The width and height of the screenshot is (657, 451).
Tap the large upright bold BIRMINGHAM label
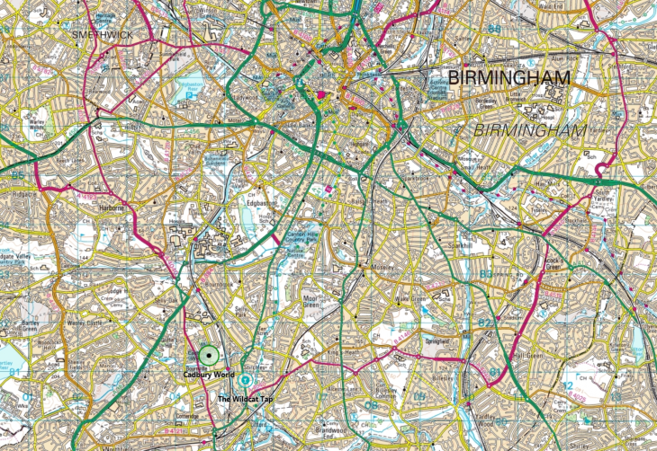pyautogui.click(x=508, y=79)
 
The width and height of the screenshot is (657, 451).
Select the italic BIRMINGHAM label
pyautogui.click(x=528, y=131)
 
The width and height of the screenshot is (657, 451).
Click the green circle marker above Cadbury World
pyautogui.click(x=209, y=357)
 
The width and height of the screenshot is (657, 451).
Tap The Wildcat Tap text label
pyautogui.click(x=245, y=398)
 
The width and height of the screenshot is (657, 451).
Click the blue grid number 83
pyautogui.click(x=486, y=273)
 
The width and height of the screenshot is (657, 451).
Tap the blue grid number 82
pyautogui.click(x=486, y=322)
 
